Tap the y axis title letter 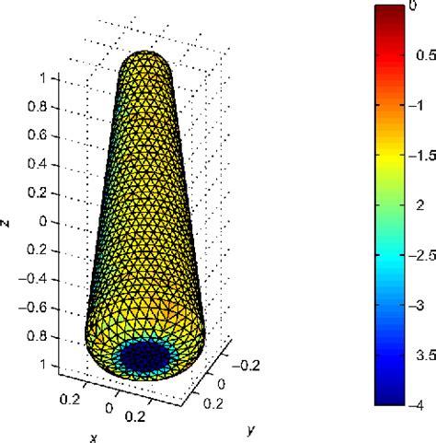(x=249, y=402)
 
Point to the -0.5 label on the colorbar (x=411, y=57)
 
